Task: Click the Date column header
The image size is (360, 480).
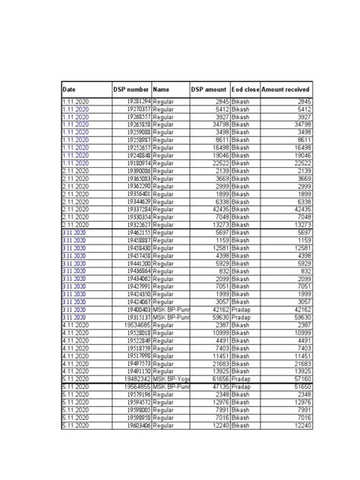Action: tap(69, 90)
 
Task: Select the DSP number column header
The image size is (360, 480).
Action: tap(131, 90)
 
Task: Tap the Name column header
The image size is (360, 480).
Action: tap(161, 90)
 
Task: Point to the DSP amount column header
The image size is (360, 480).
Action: tap(209, 90)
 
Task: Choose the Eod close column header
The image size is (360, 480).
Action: tap(245, 90)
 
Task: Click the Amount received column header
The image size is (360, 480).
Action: tap(286, 90)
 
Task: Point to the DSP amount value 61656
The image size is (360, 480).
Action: tap(216, 378)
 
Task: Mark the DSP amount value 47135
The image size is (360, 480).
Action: tap(216, 386)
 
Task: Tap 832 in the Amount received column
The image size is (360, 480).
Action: tap(303, 271)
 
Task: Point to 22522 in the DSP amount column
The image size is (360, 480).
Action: tap(216, 163)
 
